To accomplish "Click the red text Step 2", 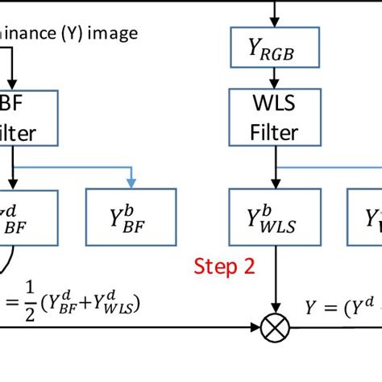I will point(225,266).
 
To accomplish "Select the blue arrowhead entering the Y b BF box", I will point(131,182).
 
